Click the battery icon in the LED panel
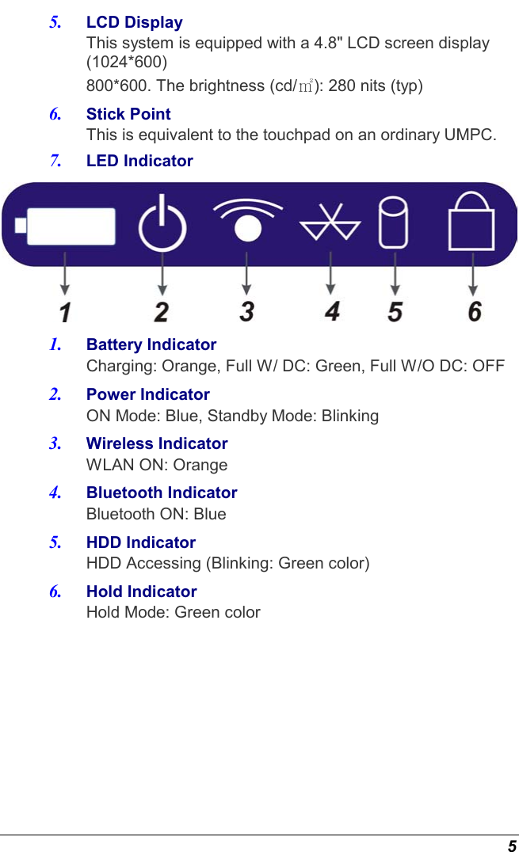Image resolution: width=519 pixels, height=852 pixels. click(66, 226)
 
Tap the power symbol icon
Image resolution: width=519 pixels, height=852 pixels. click(162, 226)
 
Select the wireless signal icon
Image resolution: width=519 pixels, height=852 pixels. click(247, 221)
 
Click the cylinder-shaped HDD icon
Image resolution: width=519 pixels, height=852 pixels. click(394, 223)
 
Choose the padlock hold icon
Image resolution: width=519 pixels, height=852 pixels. click(472, 223)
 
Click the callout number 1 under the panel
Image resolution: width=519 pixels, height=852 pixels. click(65, 311)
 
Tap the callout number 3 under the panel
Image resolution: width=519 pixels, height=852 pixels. click(247, 311)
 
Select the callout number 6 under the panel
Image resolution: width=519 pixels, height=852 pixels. click(474, 311)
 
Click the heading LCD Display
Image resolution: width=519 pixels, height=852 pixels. click(134, 22)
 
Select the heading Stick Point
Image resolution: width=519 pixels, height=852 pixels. click(128, 114)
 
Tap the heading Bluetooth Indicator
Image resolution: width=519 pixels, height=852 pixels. click(162, 493)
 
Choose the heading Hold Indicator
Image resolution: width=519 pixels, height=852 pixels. click(141, 591)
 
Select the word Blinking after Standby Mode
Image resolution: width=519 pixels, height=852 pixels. click(349, 416)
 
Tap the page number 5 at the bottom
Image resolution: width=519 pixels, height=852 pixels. click(512, 845)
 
